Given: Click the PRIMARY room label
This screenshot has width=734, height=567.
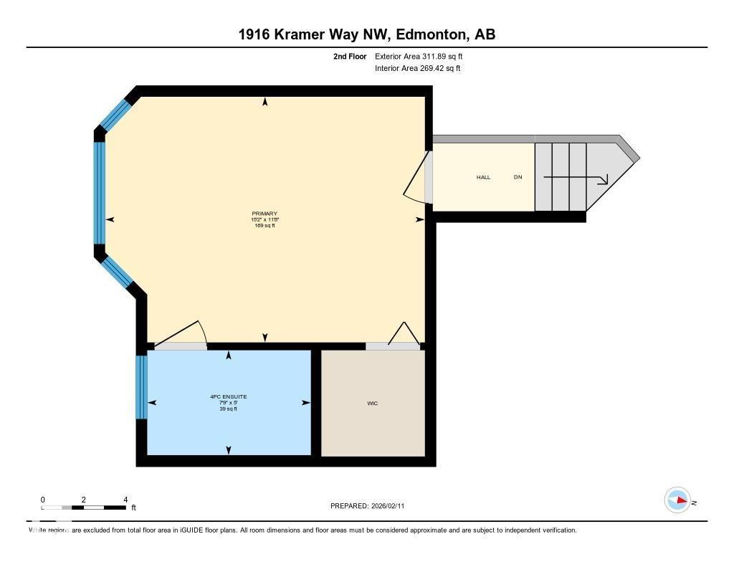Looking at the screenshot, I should tap(264, 214).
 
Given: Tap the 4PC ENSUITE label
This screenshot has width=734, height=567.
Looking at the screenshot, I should tap(229, 396).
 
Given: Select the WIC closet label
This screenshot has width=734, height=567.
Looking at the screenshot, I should tap(372, 404).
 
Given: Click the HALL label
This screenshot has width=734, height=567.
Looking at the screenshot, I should tap(484, 177).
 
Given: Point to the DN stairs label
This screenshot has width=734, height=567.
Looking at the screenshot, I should tap(518, 177).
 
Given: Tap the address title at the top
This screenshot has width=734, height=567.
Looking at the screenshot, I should tap(366, 34).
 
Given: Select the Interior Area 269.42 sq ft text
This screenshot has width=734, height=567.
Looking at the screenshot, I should tap(417, 69).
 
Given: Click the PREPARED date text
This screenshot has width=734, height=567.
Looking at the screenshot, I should tap(367, 506).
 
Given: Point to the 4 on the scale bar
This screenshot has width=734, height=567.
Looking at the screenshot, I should tap(125, 500).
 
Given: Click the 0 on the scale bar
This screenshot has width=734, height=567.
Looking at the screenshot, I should tap(43, 500).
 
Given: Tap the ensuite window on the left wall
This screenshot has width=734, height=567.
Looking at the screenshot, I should tap(141, 387).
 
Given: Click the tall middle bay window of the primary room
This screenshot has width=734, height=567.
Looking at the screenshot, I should tap(100, 193).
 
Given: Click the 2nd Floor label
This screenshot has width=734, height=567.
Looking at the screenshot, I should tap(350, 56).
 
